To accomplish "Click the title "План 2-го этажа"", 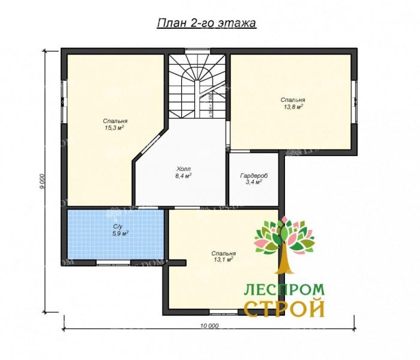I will tap(206, 23).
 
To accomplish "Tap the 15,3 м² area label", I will tap(115, 128).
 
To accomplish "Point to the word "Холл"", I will tap(184, 169).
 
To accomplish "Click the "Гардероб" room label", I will tap(254, 175).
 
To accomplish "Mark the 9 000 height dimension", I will tap(43, 182).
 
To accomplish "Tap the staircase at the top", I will tap(197, 84).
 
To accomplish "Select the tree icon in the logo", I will tap(284, 246).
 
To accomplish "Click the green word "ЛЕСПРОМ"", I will tap(284, 290).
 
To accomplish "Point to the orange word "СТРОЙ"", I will tap(284, 309).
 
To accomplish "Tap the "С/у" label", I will tap(118, 226).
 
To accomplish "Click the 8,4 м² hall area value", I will tap(184, 176).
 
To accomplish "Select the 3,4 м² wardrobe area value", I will tap(254, 182).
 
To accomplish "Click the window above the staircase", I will tap(197, 50).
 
